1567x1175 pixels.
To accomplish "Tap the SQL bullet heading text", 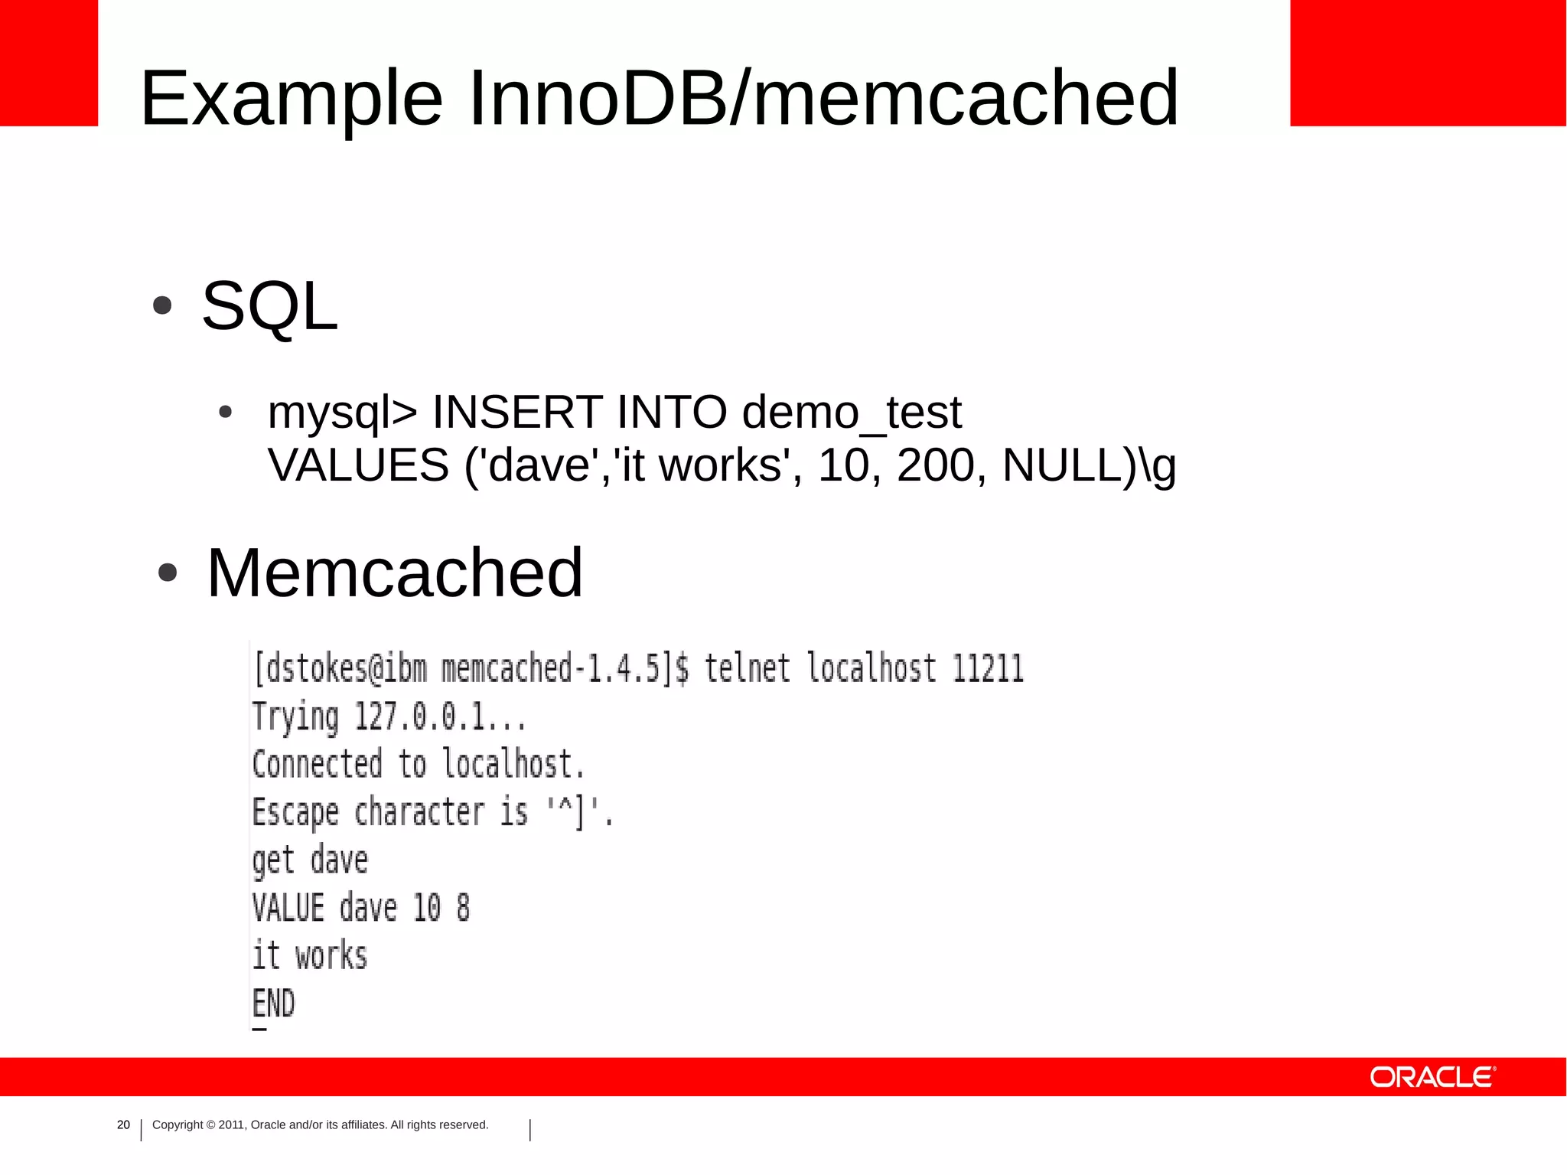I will coord(269,306).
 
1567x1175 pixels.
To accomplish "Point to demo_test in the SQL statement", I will coord(851,413).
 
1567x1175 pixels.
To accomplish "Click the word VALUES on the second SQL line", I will coord(358,465).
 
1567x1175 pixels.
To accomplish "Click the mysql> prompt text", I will coord(342,413).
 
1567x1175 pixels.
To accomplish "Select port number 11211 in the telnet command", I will coord(987,669).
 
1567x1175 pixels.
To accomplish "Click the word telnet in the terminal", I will coord(747,668).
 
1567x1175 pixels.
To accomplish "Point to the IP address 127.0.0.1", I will coord(440,717).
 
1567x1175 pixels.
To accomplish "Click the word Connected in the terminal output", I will coord(317,764).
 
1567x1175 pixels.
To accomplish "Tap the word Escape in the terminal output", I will coord(295,813).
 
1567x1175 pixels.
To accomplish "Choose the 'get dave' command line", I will coord(310,860).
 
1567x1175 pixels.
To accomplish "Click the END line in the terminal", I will coord(273,1003).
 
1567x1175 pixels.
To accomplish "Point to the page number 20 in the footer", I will coord(123,1124).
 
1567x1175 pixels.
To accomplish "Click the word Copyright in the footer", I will coord(178,1124).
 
